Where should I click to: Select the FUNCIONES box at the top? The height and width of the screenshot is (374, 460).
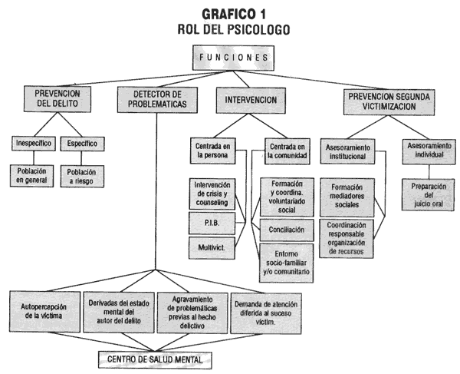click(232, 57)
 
